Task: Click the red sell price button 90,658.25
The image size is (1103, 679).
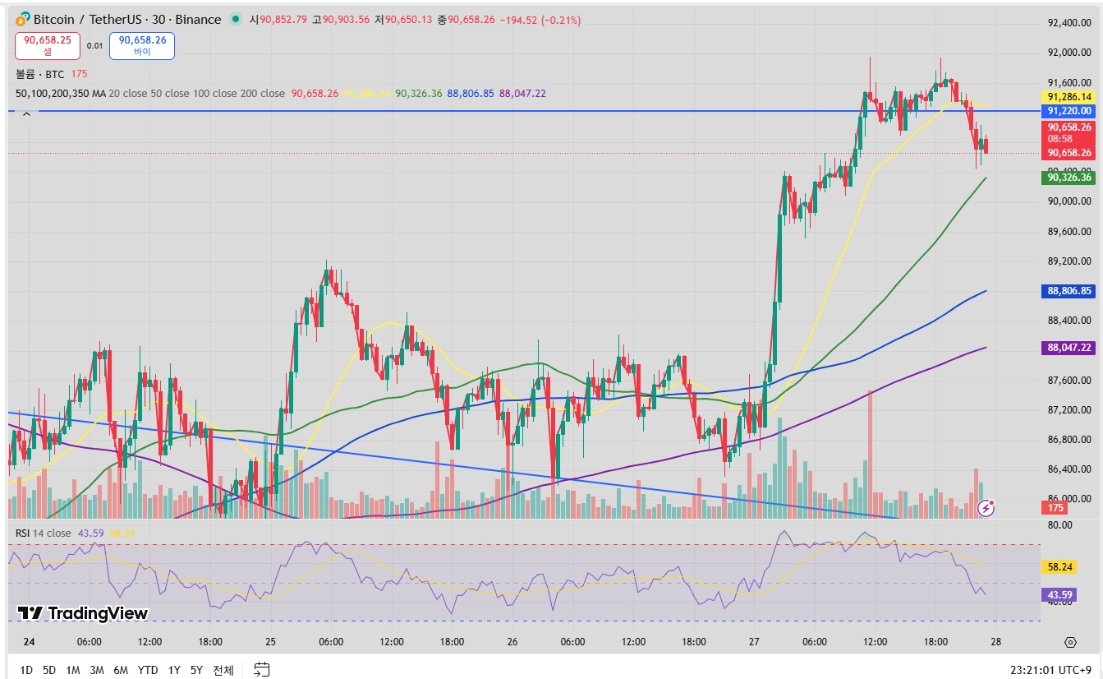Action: pyautogui.click(x=47, y=44)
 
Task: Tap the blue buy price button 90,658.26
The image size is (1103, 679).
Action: pyautogui.click(x=142, y=44)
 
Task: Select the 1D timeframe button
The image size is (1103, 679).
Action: pyautogui.click(x=25, y=670)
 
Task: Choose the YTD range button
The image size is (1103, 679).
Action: pyautogui.click(x=148, y=670)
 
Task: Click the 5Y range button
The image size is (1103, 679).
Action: pyautogui.click(x=196, y=670)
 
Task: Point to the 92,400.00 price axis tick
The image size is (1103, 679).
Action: pyautogui.click(x=1069, y=23)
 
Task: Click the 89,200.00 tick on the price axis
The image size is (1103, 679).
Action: pyautogui.click(x=1069, y=261)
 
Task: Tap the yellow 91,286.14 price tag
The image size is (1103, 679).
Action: pyautogui.click(x=1069, y=96)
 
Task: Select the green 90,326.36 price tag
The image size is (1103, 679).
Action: pyautogui.click(x=1069, y=177)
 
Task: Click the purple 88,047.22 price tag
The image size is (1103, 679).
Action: pyautogui.click(x=1069, y=348)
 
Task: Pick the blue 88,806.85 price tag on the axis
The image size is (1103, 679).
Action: pyautogui.click(x=1069, y=291)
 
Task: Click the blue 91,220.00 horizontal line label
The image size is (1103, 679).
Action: pyautogui.click(x=1069, y=111)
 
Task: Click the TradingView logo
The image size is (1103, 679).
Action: pyautogui.click(x=82, y=613)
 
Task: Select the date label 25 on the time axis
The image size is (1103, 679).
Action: pyautogui.click(x=270, y=642)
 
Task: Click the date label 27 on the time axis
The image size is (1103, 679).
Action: pyautogui.click(x=754, y=642)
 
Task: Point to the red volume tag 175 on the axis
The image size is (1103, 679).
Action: pyautogui.click(x=1056, y=508)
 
